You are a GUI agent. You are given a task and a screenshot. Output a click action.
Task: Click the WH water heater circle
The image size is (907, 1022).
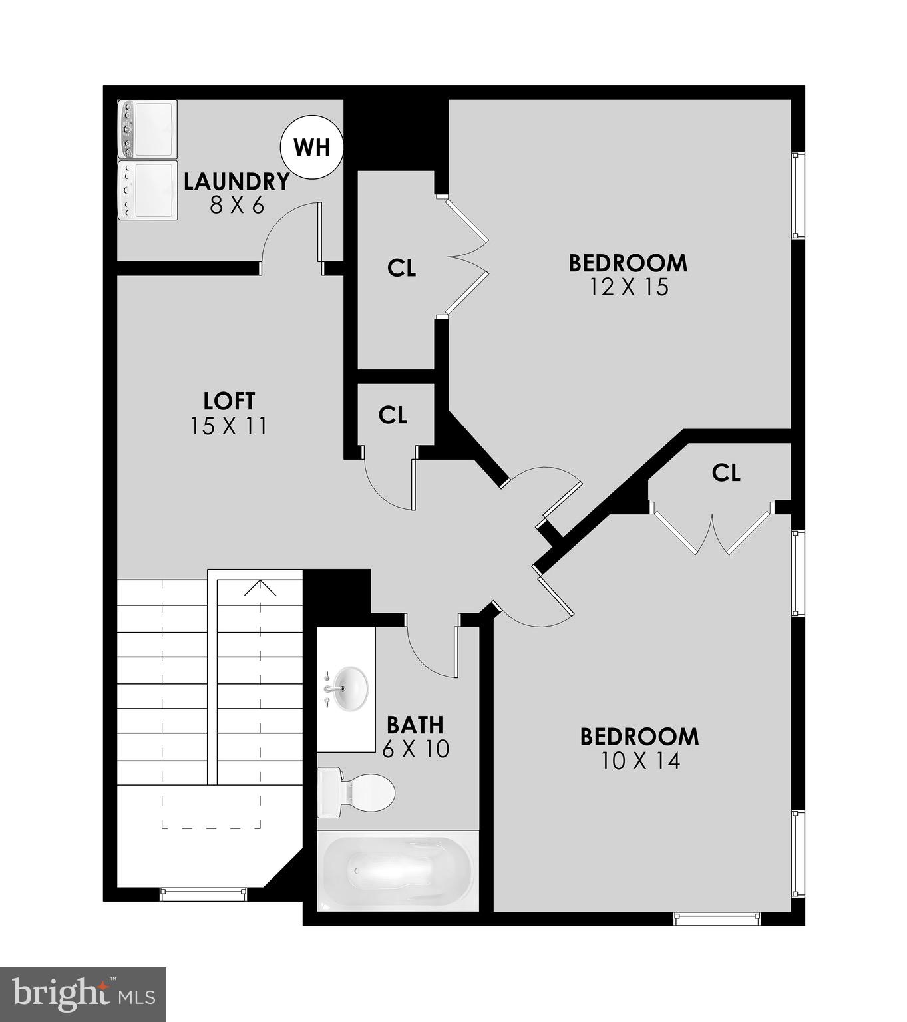click(311, 147)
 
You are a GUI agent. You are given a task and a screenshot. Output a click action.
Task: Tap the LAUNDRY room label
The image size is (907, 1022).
click(237, 181)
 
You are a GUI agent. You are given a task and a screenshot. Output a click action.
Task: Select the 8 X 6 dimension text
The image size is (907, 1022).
click(237, 205)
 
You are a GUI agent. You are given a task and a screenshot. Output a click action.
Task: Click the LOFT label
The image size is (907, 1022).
click(229, 401)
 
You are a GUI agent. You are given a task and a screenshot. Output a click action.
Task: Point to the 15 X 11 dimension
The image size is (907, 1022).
click(229, 426)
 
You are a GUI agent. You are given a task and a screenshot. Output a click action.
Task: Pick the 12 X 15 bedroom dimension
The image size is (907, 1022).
click(628, 287)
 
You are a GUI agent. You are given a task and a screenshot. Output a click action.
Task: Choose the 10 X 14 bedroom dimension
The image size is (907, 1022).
click(640, 761)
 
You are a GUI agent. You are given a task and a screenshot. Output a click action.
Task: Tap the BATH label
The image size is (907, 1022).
click(415, 724)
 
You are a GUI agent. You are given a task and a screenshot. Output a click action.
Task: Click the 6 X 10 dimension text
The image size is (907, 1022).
click(416, 749)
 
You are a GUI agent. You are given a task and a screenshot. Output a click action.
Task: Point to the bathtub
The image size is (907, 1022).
click(397, 870)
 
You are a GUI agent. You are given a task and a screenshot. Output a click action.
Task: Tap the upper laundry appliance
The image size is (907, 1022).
click(147, 129)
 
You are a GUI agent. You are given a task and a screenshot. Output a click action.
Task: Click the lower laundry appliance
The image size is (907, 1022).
click(147, 190)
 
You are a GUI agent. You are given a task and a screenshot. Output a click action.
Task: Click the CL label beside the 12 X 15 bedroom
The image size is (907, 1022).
click(402, 268)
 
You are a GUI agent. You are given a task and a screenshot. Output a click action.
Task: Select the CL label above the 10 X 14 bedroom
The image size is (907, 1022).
click(726, 472)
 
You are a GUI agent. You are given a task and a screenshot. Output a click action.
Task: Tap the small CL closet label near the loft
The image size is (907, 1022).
click(393, 415)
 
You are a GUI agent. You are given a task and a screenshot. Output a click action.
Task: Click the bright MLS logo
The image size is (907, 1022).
click(83, 994)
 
